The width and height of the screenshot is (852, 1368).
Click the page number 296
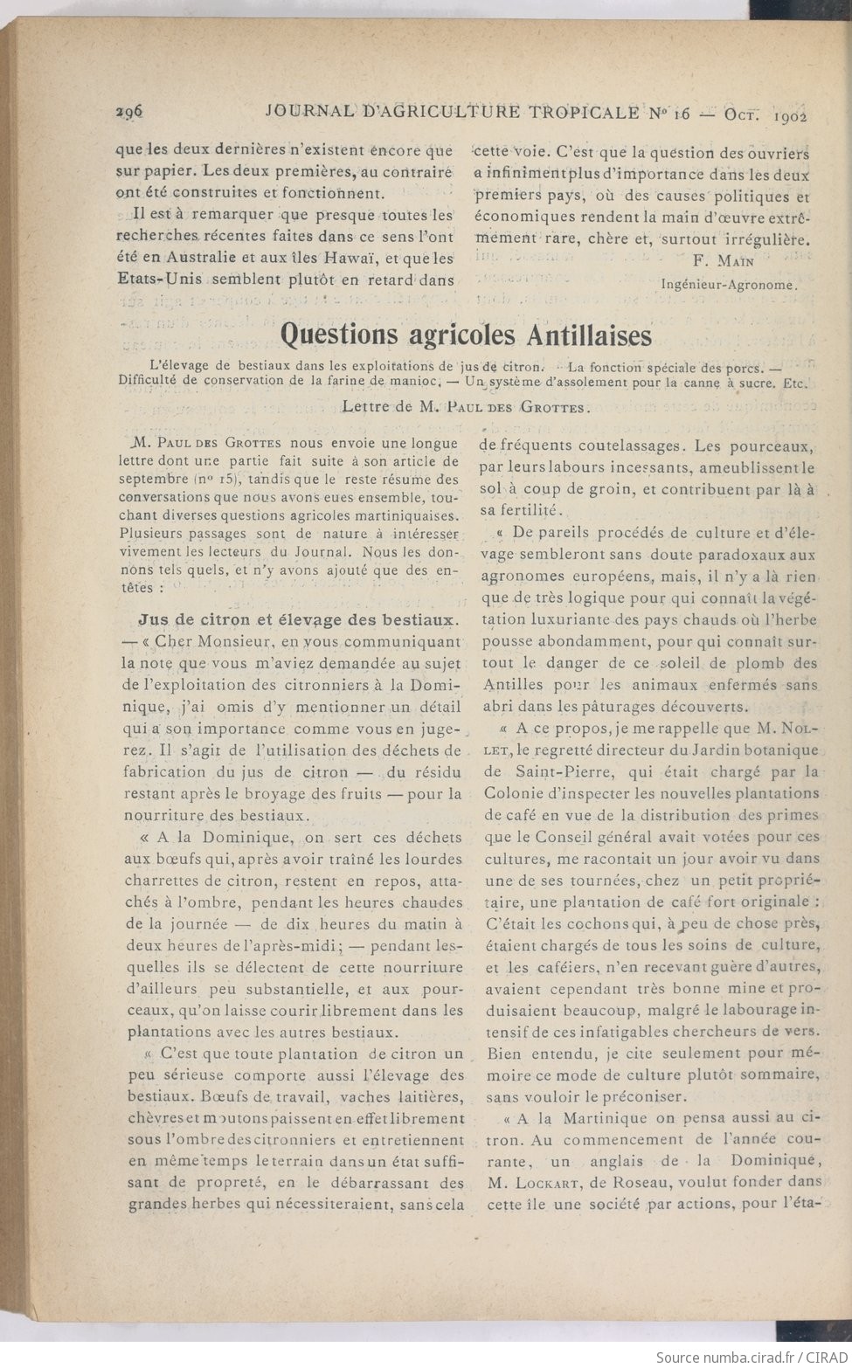(129, 111)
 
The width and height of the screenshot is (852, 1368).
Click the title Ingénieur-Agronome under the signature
(729, 283)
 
